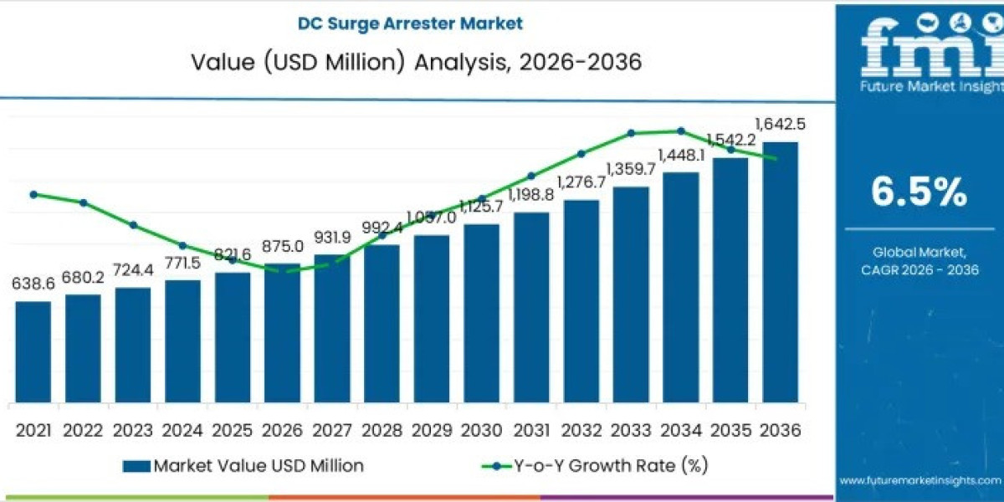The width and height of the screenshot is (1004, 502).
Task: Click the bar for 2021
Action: tap(33, 351)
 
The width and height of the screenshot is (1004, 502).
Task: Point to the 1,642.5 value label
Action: tap(780, 125)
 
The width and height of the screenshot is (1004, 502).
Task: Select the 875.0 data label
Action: tap(282, 247)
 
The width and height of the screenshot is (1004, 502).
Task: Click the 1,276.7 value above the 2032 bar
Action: tap(581, 182)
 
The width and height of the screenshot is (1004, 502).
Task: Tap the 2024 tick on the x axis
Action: tap(182, 430)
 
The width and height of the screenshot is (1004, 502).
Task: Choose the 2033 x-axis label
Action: tap(631, 430)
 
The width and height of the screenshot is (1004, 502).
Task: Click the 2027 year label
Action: tap(332, 430)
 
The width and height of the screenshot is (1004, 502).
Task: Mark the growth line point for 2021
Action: tap(33, 194)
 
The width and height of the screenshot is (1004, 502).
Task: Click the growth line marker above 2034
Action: tap(681, 131)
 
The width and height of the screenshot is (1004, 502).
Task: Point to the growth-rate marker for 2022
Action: tap(84, 202)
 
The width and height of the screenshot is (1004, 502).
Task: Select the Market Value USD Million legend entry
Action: tap(243, 465)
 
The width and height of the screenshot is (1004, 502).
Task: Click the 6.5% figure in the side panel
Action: tap(919, 193)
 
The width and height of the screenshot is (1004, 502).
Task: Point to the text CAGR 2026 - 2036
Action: tap(919, 269)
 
